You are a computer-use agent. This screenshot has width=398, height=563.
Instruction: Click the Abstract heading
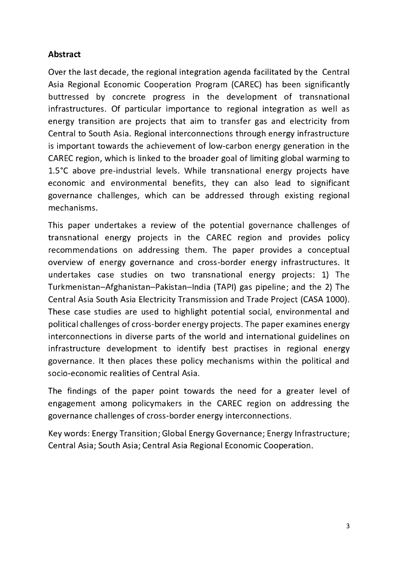(x=64, y=54)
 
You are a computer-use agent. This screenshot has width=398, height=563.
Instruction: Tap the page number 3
(x=347, y=526)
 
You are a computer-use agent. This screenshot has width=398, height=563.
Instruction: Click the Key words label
(x=68, y=433)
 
